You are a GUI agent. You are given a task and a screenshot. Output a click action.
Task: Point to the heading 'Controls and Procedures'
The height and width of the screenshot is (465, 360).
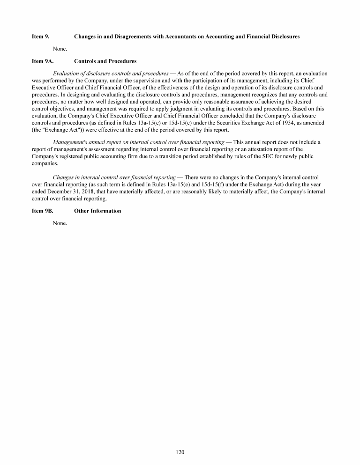(105, 61)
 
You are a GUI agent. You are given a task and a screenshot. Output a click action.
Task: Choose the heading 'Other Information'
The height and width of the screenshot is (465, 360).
(97, 211)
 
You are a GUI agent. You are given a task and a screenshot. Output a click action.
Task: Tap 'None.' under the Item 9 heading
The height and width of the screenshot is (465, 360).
(60, 49)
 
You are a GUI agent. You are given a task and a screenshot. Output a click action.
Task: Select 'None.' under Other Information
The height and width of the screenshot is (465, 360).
(60, 223)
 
